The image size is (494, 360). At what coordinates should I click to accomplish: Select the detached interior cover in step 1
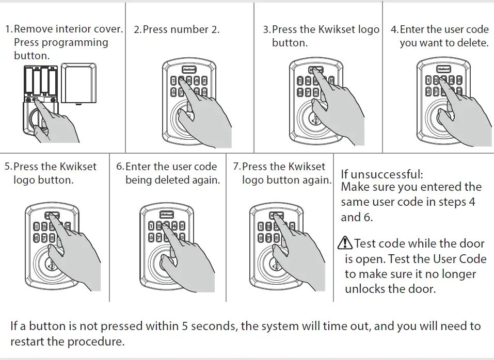78,84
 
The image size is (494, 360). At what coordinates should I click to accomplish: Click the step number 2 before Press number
136,29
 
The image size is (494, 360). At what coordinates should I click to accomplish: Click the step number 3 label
265,29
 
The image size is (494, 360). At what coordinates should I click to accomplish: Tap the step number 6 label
119,167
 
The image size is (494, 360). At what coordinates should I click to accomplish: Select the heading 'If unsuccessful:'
381,174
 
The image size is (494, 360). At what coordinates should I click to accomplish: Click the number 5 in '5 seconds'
185,326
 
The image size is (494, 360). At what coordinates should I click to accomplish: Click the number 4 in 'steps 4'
472,202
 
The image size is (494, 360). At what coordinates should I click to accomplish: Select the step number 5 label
7,167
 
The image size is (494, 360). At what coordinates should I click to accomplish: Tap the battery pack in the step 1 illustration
39,80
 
